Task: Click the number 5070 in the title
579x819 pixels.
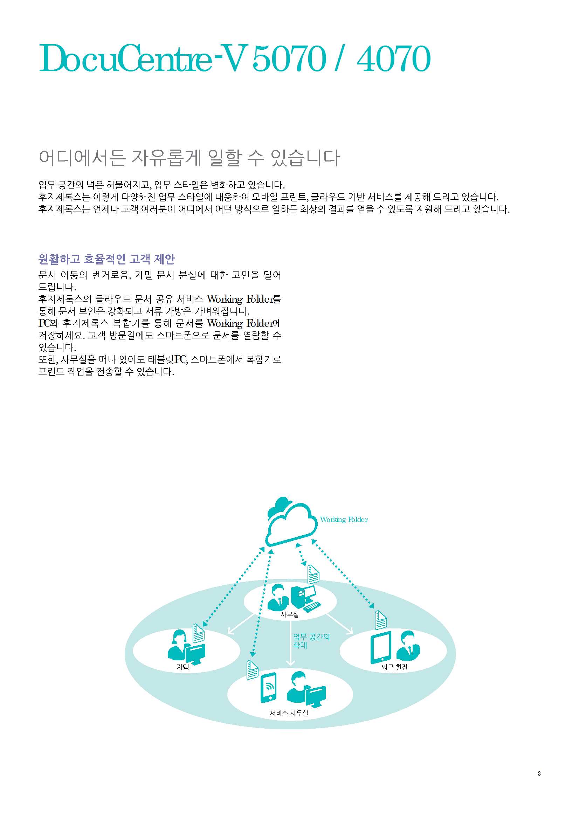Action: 289,58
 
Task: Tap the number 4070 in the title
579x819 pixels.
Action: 393,58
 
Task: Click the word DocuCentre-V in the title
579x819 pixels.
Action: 143,58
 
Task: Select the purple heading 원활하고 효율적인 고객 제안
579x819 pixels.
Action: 106,259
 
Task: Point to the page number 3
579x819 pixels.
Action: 539,773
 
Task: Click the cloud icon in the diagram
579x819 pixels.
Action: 291,523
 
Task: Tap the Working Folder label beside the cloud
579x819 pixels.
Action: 344,520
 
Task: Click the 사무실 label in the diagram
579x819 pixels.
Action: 290,614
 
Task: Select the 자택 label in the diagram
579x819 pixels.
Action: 182,667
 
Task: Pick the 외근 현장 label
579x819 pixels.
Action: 394,667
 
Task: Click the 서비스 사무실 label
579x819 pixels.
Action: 289,713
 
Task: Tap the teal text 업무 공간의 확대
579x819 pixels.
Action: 311,641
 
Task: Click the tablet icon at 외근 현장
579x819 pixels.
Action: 381,647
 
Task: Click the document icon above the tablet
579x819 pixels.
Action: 381,620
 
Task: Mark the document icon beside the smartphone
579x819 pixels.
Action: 252,669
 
